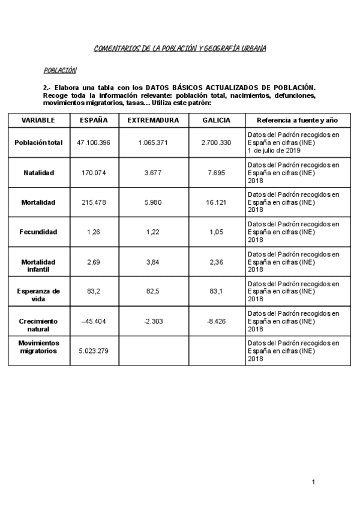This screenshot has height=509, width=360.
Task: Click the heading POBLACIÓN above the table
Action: pos(60,70)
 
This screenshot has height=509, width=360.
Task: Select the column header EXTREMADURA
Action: pos(153,120)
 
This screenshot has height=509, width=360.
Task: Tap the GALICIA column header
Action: pos(216,120)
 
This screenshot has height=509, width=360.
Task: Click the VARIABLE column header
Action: pos(38,120)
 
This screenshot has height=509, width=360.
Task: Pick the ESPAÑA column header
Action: pos(94,120)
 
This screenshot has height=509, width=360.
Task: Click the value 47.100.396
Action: pos(94,143)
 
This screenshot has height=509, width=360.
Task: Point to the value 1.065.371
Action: pos(153,143)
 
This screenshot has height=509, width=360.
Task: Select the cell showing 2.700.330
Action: pos(216,143)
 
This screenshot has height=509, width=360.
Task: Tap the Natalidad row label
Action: pos(38,173)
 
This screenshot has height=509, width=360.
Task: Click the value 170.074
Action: pos(94,173)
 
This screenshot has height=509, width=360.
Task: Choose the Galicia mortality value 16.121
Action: pos(216,202)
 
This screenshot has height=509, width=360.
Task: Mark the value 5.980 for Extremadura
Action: pos(153,202)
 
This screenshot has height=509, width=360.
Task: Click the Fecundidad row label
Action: pos(38,232)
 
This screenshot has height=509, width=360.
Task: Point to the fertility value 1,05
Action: pos(216,232)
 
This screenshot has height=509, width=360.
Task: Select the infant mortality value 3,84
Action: pos(153,262)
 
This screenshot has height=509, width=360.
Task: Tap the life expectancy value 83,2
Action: pos(94,291)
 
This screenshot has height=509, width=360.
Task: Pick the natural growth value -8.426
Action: pos(216,321)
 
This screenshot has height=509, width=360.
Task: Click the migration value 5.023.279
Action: pos(94,351)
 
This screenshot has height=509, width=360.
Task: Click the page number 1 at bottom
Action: pos(313,482)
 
